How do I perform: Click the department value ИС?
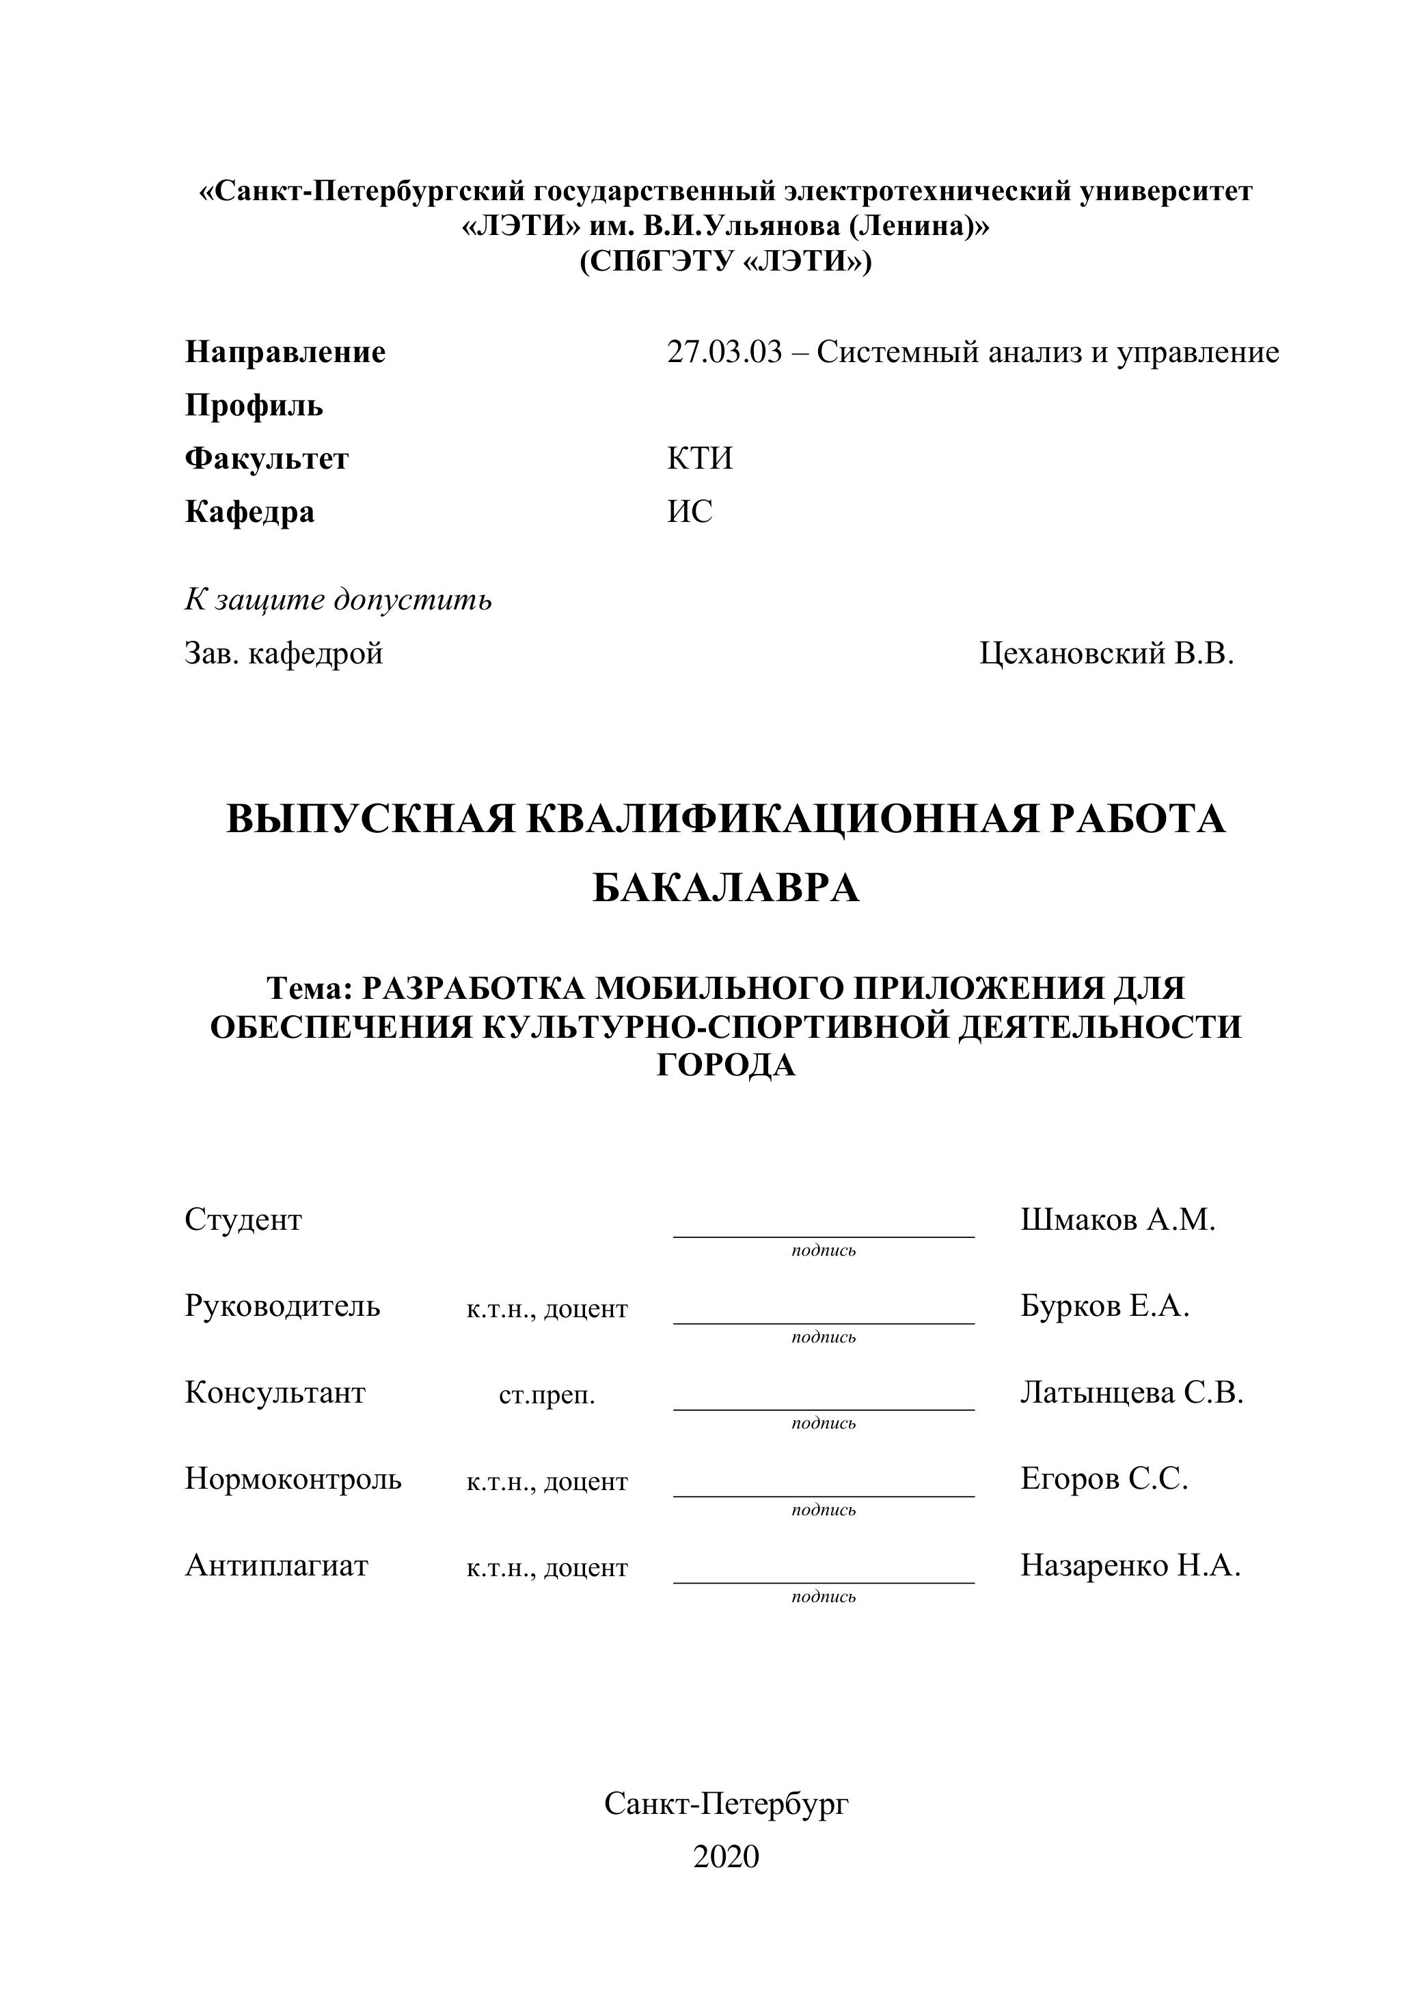689,512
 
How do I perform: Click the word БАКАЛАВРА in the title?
726,889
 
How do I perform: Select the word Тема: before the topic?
310,989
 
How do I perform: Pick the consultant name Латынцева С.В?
1131,1392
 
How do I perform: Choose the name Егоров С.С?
1103,1478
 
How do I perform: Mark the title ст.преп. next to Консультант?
546,1396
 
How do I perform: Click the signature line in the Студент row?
823,1235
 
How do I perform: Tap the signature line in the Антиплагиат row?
823,1581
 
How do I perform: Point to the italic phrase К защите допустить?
338,600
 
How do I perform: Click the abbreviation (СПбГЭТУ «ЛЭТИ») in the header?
726,261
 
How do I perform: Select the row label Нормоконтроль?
293,1478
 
